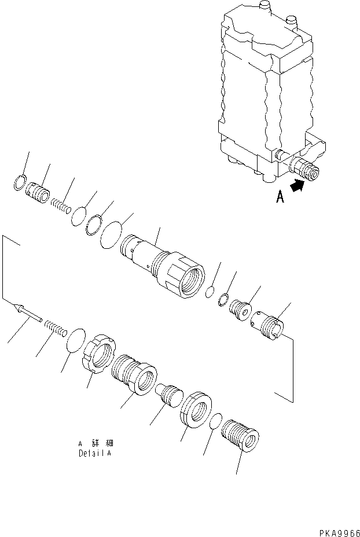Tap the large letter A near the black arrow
(x=280, y=197)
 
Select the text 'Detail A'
(x=95, y=454)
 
